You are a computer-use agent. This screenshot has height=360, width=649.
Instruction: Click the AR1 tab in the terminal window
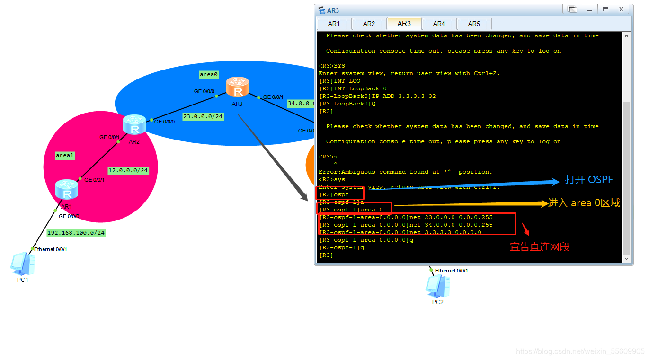334,24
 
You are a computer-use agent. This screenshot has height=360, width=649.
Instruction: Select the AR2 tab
369,24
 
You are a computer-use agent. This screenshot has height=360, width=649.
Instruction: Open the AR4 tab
439,24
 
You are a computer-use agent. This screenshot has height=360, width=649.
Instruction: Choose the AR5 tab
474,24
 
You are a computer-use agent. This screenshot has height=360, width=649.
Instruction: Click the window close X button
621,9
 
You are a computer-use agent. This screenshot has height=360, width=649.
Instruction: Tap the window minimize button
589,9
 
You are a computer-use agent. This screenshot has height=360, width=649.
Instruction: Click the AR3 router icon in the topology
237,88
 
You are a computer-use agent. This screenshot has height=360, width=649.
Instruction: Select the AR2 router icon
134,124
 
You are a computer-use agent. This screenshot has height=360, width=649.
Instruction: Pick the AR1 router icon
67,190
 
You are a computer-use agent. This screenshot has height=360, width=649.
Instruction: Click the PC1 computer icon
22,263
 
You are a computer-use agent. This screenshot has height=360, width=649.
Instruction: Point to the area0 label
209,75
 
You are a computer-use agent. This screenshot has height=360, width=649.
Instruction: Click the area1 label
65,155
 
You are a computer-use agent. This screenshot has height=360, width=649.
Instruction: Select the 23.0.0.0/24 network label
203,116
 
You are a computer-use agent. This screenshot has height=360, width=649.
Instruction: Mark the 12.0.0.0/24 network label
128,170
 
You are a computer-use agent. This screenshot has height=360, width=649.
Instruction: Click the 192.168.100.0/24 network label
76,233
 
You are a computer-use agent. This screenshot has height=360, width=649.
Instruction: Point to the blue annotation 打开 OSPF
588,180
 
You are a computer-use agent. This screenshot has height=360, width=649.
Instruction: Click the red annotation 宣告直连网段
540,246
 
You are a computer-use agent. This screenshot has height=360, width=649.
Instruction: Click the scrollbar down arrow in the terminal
627,258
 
